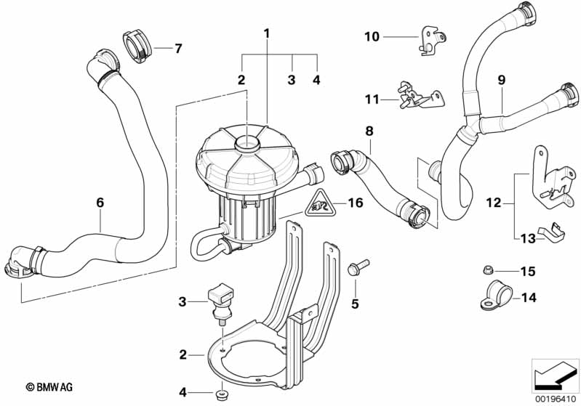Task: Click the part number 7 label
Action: click(x=177, y=49)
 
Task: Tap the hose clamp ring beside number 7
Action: click(x=136, y=45)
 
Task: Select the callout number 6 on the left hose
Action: click(x=100, y=204)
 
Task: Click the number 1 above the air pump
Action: click(x=267, y=33)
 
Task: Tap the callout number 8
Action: click(x=369, y=131)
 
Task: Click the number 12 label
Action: click(x=494, y=204)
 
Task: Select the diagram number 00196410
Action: click(x=554, y=398)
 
